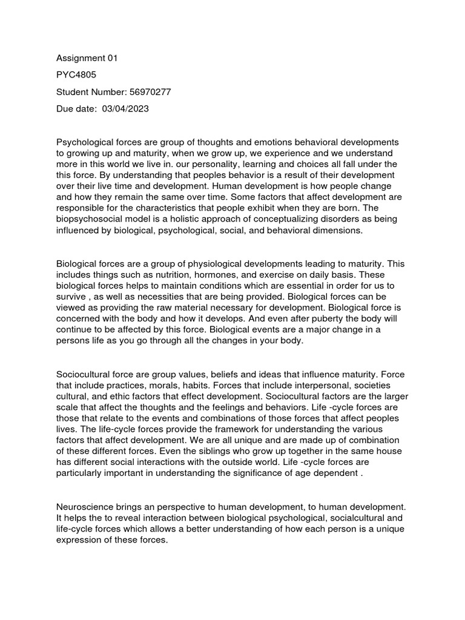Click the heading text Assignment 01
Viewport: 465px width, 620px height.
87,59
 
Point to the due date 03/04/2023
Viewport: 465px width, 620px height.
126,109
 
